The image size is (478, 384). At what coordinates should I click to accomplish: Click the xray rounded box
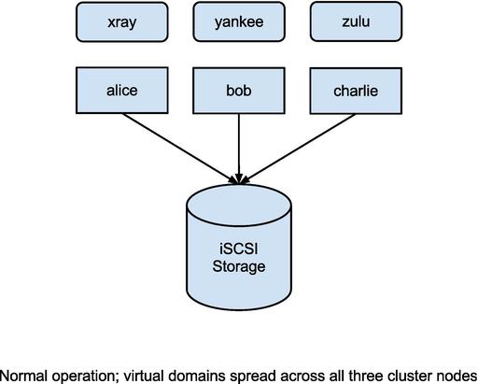[x=122, y=21]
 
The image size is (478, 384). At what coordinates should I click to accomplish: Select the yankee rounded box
[x=239, y=21]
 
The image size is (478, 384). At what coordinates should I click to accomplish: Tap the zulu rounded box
[x=356, y=21]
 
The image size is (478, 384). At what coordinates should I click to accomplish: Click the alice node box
[x=122, y=91]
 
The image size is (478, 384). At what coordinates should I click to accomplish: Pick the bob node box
[x=239, y=91]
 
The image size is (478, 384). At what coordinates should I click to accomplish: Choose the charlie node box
[x=356, y=91]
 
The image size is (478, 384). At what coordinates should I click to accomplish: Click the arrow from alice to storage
[x=179, y=149]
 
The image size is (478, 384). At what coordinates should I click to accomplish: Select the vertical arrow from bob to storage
[x=239, y=149]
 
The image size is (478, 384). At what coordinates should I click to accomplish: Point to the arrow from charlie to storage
[x=298, y=149]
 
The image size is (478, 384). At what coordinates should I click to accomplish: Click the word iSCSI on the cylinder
[x=239, y=249]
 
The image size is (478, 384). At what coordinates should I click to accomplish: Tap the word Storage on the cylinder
[x=239, y=267]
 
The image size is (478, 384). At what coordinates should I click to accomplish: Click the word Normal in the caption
[x=23, y=376]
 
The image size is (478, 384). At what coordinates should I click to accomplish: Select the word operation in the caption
[x=86, y=377]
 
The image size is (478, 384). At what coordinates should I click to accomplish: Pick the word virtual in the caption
[x=144, y=376]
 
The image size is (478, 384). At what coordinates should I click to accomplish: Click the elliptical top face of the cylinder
[x=239, y=206]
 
